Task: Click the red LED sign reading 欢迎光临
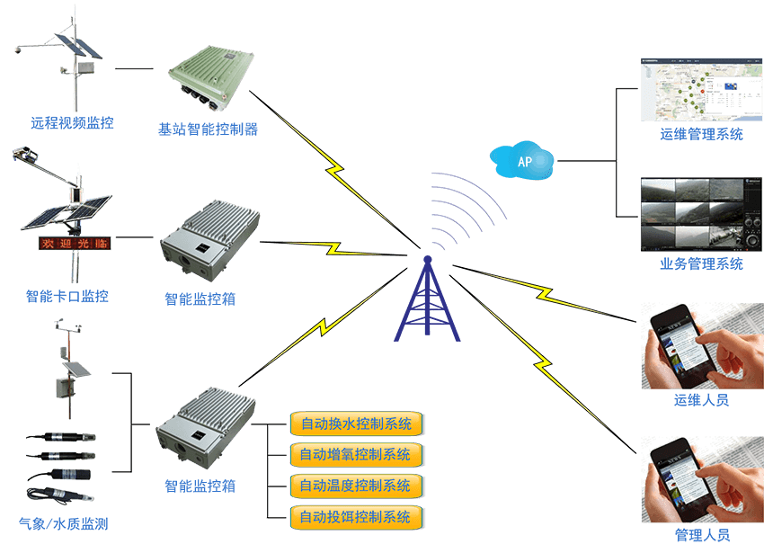pos(73,243)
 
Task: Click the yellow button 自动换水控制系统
pos(356,423)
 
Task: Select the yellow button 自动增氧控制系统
pos(356,454)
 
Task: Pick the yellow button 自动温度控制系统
pos(356,486)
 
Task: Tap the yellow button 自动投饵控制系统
pos(356,517)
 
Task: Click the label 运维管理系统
pos(701,135)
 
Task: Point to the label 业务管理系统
pos(701,263)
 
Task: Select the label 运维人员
pos(701,400)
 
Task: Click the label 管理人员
pos(701,536)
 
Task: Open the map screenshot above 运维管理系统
pos(692,89)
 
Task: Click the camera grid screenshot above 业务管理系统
pos(692,213)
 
